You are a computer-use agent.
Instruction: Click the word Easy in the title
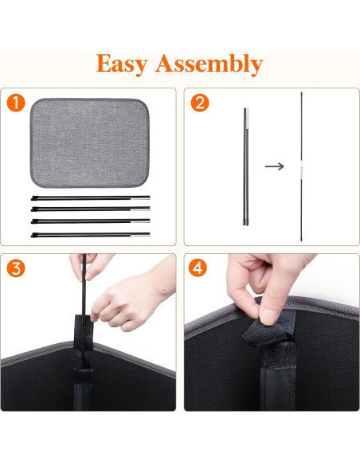point(124,63)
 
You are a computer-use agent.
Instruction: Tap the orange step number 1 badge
point(15,102)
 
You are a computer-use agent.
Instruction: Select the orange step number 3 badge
point(15,268)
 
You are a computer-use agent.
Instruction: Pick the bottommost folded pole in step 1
point(90,235)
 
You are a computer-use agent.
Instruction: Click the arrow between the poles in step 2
point(275,166)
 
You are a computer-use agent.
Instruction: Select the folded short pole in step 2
point(245,166)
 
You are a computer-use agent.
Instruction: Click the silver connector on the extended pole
point(303,171)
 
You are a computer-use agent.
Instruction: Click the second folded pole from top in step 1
point(90,209)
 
